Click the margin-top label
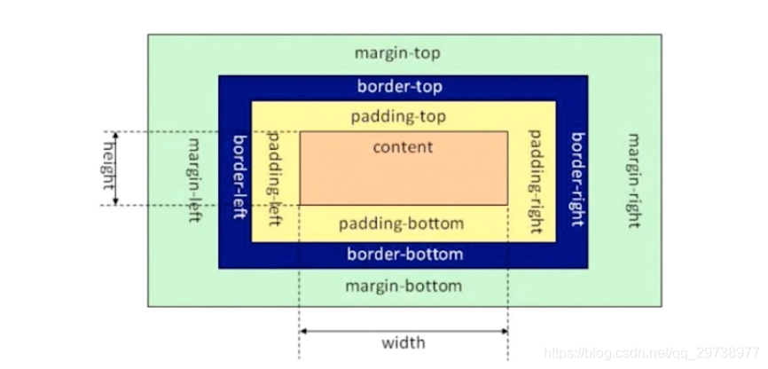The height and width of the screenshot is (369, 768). coord(397,53)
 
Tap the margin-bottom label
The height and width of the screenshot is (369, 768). coord(404,286)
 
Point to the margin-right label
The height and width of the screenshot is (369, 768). coord(634,180)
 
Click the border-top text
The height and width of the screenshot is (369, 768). coord(400,87)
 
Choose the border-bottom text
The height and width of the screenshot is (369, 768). coord(404,255)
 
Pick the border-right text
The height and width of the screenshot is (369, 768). coord(577,180)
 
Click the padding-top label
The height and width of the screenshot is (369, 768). coord(398,116)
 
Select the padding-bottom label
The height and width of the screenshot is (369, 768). coord(404,223)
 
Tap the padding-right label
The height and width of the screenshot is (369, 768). coord(535,180)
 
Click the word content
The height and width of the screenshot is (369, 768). coord(403,147)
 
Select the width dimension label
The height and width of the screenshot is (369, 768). coord(404,342)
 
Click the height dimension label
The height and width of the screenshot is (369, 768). coord(109,168)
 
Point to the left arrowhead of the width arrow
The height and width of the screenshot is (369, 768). coord(303,331)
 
